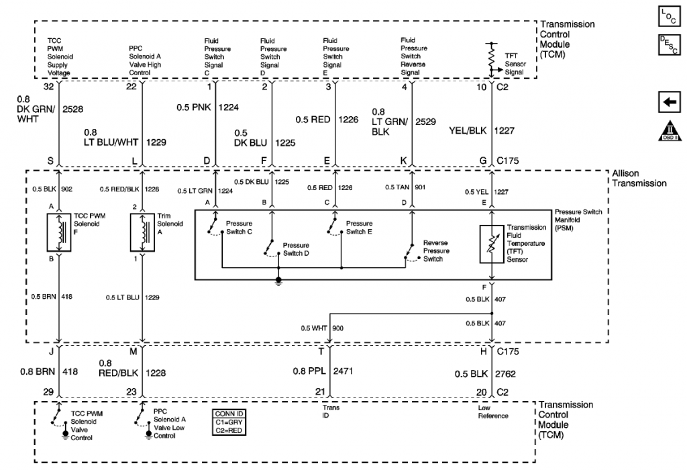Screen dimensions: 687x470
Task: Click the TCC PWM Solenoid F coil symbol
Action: coord(59,232)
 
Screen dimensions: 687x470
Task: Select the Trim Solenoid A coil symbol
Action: coord(142,232)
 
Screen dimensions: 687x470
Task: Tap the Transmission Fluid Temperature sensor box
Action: coord(492,244)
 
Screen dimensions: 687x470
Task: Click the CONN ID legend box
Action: coord(229,422)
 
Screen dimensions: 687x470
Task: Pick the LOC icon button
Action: coord(669,17)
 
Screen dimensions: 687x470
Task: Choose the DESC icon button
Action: coord(669,45)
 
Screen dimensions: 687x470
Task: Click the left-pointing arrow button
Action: coord(669,102)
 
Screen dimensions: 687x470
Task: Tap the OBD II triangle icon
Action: coord(669,131)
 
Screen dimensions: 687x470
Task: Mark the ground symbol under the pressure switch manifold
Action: coord(278,281)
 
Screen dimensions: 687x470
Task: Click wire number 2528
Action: coord(72,109)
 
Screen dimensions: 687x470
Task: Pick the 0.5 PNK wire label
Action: coord(194,107)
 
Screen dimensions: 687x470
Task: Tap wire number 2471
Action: coord(343,371)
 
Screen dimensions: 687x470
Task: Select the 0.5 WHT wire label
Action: coord(314,328)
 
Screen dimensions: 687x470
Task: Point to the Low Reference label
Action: coord(493,412)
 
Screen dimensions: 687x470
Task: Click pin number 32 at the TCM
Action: coord(48,87)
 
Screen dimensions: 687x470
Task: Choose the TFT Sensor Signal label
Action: coord(515,64)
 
